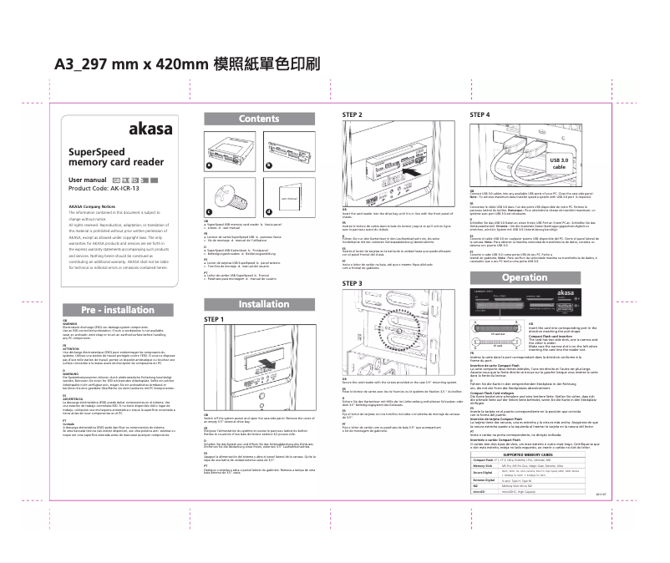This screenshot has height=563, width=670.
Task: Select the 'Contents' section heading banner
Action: (x=258, y=119)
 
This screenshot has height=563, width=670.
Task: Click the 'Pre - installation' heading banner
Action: (x=120, y=309)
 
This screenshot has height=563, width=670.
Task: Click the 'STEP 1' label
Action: (x=215, y=319)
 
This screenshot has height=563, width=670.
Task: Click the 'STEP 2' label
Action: (x=353, y=114)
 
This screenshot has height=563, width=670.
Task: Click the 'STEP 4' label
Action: (x=480, y=114)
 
